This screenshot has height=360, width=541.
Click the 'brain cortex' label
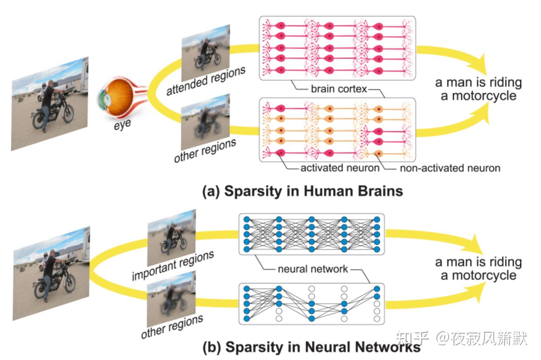tap(338, 89)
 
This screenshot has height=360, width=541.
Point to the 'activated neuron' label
tap(340, 168)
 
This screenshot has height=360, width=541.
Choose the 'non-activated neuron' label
tap(450, 168)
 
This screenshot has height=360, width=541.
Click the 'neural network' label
tap(313, 269)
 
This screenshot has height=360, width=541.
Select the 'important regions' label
tap(173, 266)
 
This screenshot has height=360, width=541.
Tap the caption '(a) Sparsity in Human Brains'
tap(303, 191)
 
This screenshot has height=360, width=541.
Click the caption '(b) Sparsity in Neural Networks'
tap(312, 347)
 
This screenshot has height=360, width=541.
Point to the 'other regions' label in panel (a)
tap(205, 150)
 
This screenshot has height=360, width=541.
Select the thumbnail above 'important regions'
tap(171, 237)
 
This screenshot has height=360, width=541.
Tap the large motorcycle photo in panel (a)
tap(49, 104)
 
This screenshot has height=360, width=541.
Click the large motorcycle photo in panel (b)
tap(51, 274)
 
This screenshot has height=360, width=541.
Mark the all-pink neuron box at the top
tap(337, 48)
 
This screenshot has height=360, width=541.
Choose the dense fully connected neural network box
tap(311, 234)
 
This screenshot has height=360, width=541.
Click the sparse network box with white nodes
tap(311, 304)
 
